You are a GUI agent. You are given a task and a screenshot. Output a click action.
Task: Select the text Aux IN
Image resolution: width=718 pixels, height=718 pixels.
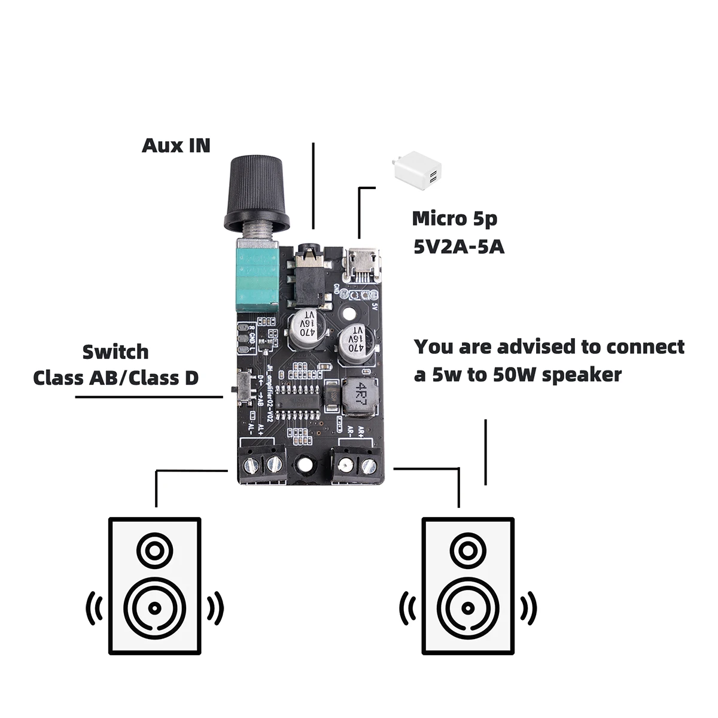point(176,145)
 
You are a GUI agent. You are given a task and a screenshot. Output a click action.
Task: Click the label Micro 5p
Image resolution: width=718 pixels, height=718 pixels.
point(454,219)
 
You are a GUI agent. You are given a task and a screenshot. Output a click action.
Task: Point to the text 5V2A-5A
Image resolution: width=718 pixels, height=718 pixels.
point(458,247)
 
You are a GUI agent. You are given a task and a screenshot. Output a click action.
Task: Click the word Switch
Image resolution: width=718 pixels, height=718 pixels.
point(115,352)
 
